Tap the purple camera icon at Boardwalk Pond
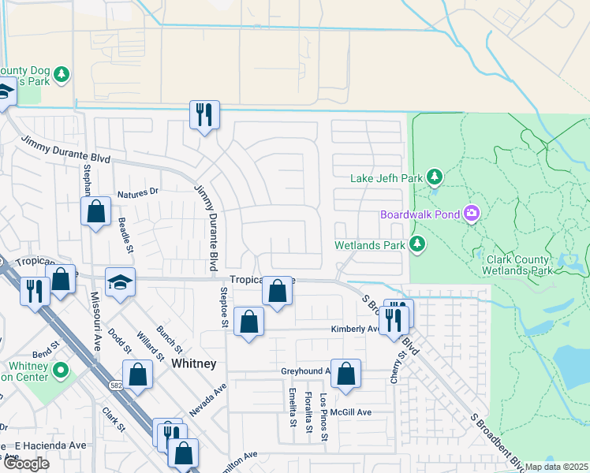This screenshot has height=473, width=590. pyautogui.click(x=472, y=214)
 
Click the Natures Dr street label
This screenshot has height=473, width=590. pyautogui.click(x=138, y=192)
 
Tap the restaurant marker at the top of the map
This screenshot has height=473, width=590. pyautogui.click(x=204, y=115)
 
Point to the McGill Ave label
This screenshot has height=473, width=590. pyautogui.click(x=349, y=412)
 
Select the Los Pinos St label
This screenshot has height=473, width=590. pyautogui.click(x=323, y=423)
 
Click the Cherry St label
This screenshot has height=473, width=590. pyautogui.click(x=401, y=367)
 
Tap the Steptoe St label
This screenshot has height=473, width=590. pyautogui.click(x=224, y=307)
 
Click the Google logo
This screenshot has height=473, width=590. pyautogui.click(x=26, y=464)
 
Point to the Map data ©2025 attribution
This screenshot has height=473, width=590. pyautogui.click(x=557, y=467)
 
